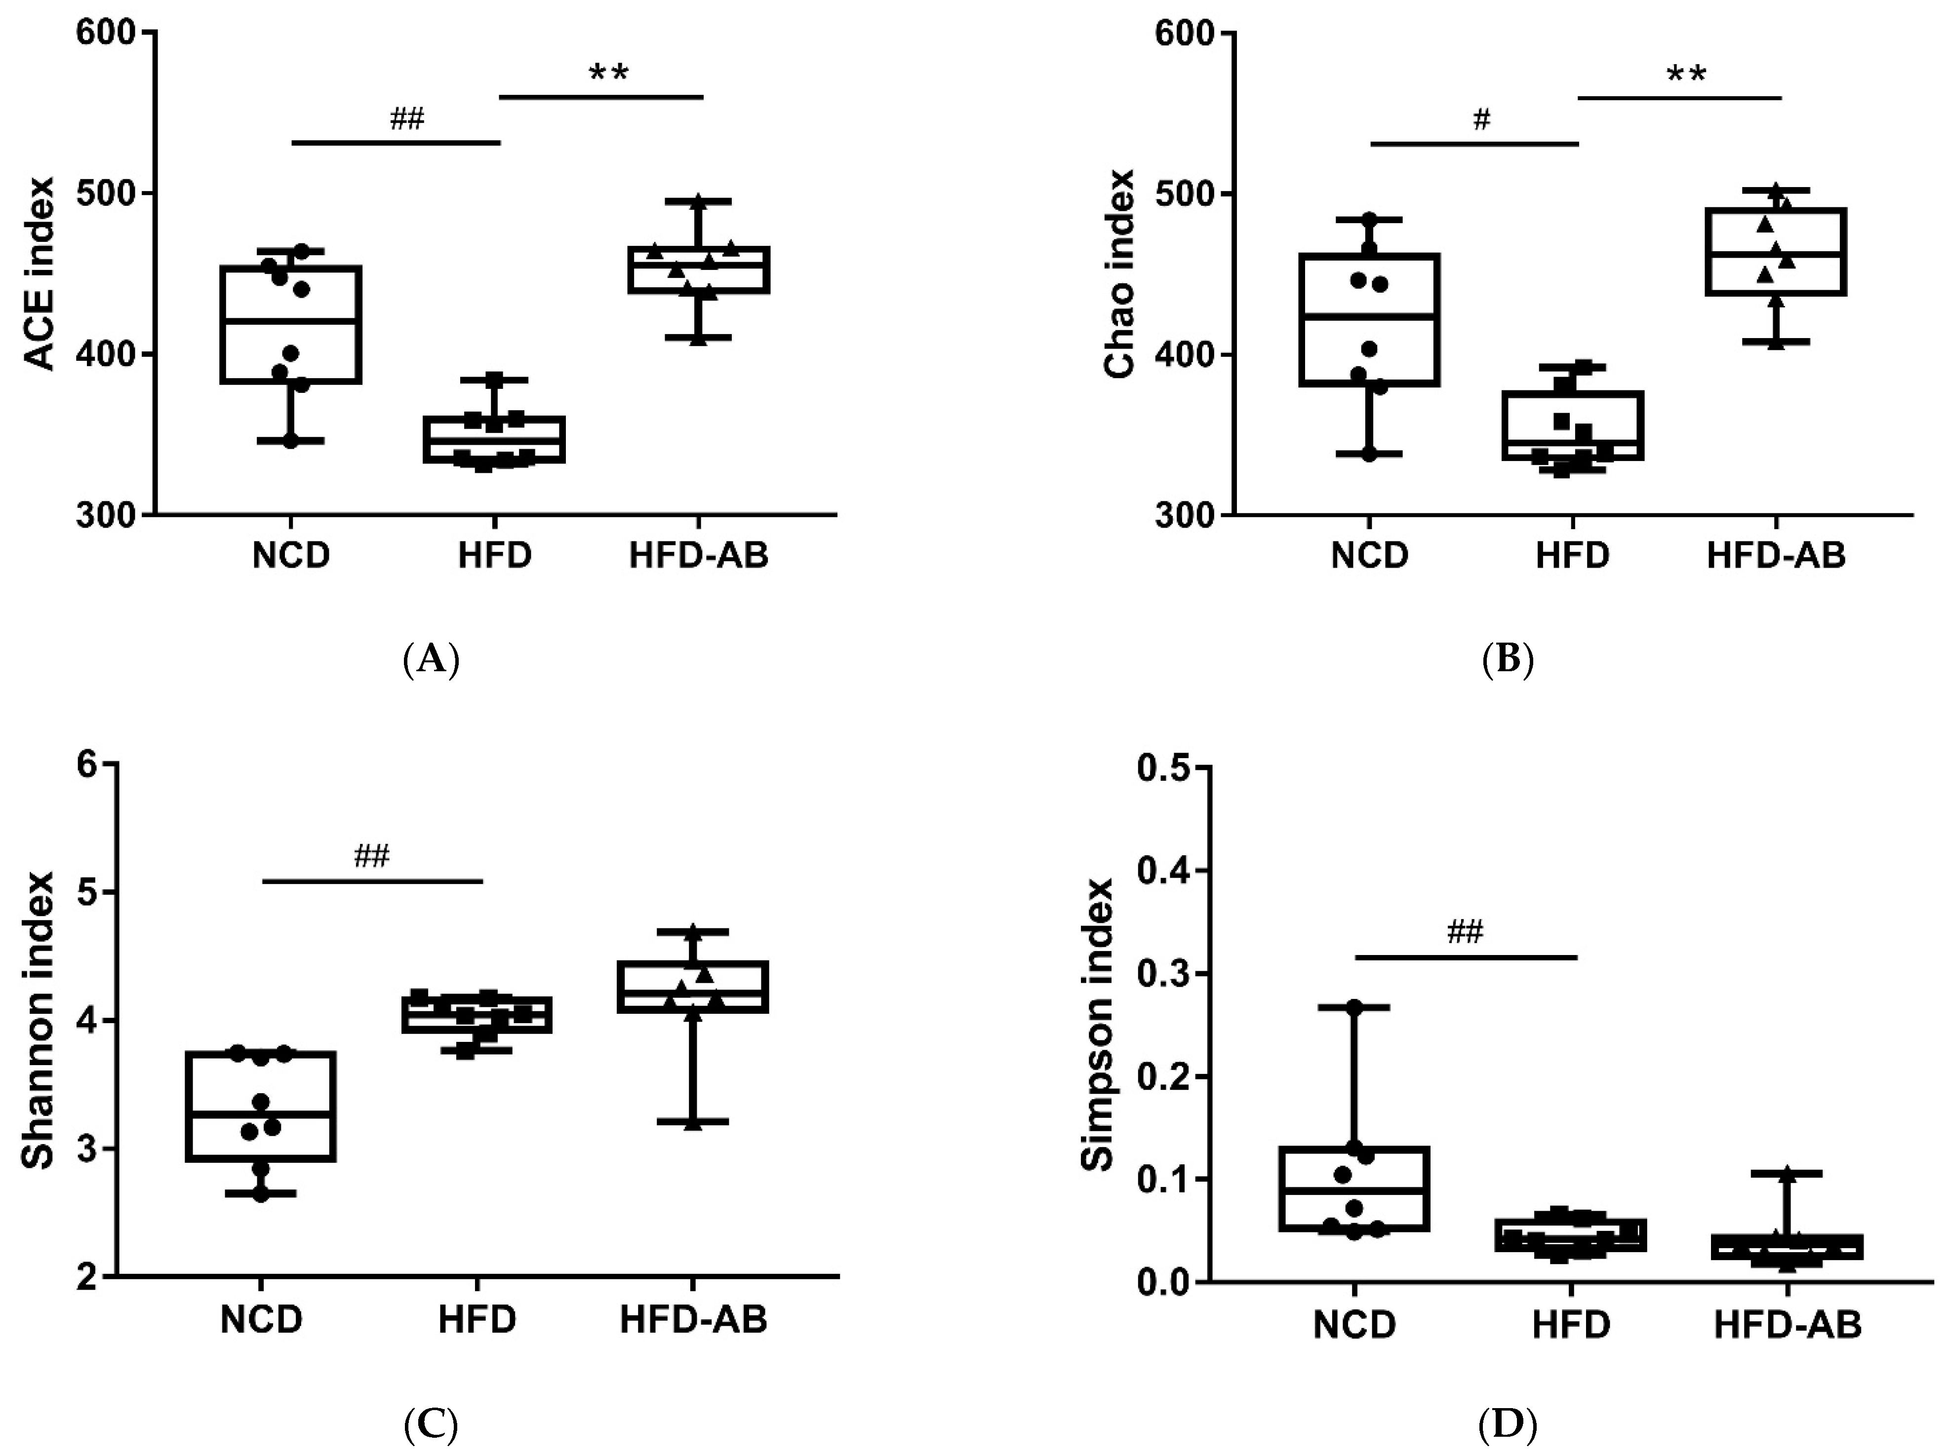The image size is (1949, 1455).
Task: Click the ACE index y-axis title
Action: pos(39,274)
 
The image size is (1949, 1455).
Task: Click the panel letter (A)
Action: pos(431,659)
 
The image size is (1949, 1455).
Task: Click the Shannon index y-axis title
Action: pos(39,1020)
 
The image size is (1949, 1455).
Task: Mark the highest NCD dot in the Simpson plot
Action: pos(1355,1007)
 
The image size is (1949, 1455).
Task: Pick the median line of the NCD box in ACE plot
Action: pos(291,321)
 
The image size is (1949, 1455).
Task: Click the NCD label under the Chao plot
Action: pos(1369,556)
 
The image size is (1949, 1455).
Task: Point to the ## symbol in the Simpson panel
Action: pos(1465,931)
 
